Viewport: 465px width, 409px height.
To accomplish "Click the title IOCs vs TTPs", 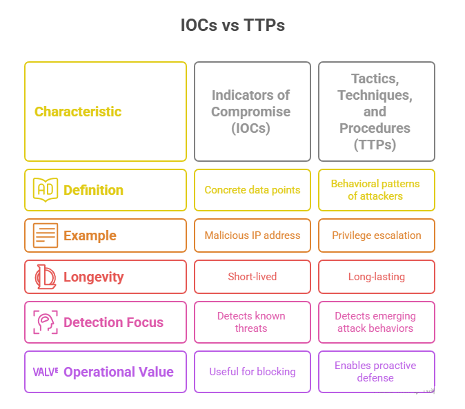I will pyautogui.click(x=232, y=25).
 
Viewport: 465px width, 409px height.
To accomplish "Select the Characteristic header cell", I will pyautogui.click(x=105, y=112).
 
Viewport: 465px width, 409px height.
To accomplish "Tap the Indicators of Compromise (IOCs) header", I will pyautogui.click(x=251, y=112).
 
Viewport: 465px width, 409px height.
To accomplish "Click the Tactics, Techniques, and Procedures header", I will pyautogui.click(x=376, y=112).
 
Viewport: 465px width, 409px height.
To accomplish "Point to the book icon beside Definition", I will pyautogui.click(x=46, y=189).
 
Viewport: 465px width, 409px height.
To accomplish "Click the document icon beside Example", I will pyautogui.click(x=46, y=235).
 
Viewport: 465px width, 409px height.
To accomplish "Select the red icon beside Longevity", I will pyautogui.click(x=46, y=277).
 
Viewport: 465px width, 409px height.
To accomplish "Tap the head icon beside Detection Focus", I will pyautogui.click(x=46, y=322).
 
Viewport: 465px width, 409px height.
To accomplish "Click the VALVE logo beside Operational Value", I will pyautogui.click(x=46, y=371).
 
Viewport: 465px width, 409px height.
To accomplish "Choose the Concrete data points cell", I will pyautogui.click(x=253, y=189).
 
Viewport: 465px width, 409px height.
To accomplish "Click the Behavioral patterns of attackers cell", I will pyautogui.click(x=376, y=189).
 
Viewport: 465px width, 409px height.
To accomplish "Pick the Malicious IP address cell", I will pyautogui.click(x=253, y=235).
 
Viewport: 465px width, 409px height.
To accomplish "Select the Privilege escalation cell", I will pyautogui.click(x=376, y=235).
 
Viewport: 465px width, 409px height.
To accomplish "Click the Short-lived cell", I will pyautogui.click(x=253, y=277).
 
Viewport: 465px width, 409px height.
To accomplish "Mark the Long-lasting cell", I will pyautogui.click(x=376, y=277).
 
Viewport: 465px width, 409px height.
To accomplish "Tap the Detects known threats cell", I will pyautogui.click(x=253, y=322).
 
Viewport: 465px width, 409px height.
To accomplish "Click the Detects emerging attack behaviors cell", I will pyautogui.click(x=376, y=322).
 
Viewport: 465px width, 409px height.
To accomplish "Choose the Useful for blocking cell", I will pyautogui.click(x=253, y=372).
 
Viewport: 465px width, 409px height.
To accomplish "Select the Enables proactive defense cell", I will pyautogui.click(x=376, y=372).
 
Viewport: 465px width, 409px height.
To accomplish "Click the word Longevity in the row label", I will pyautogui.click(x=94, y=277).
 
